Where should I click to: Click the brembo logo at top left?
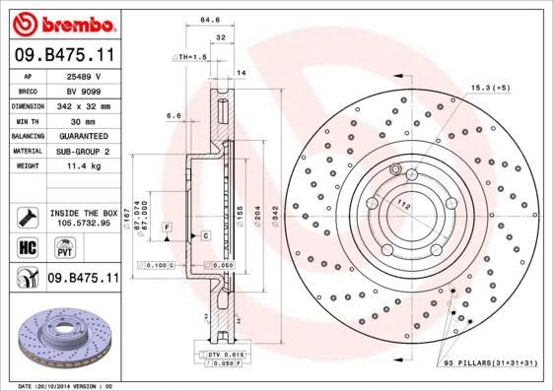pos(62,22)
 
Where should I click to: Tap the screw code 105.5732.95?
pos(84,223)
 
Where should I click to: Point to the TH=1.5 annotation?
pos(195,59)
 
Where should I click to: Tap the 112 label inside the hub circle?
pos(401,205)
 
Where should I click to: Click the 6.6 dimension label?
pos(173,115)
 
